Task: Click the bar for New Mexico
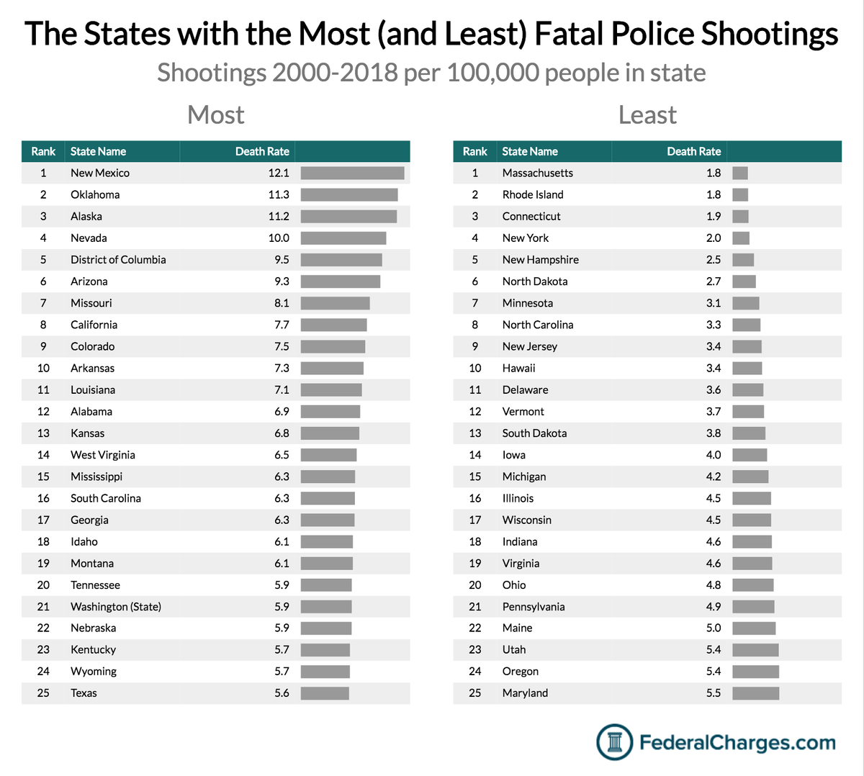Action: tap(352, 173)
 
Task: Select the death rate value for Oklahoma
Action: tap(279, 194)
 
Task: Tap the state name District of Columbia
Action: tap(118, 260)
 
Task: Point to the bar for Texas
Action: tap(325, 693)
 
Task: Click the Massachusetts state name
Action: tap(537, 173)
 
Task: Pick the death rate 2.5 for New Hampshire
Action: tap(713, 260)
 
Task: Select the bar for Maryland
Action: tap(755, 693)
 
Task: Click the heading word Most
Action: tap(215, 115)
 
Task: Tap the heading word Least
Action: tap(647, 115)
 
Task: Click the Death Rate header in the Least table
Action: tap(693, 151)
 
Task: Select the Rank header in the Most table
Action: tap(43, 151)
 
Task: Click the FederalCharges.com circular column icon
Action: tap(614, 742)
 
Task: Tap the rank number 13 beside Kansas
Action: tap(43, 433)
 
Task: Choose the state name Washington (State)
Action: tap(115, 607)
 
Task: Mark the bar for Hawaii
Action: tap(747, 369)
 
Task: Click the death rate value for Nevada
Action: tap(279, 238)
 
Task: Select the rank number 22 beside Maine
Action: tap(474, 628)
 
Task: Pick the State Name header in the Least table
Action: tap(529, 151)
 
